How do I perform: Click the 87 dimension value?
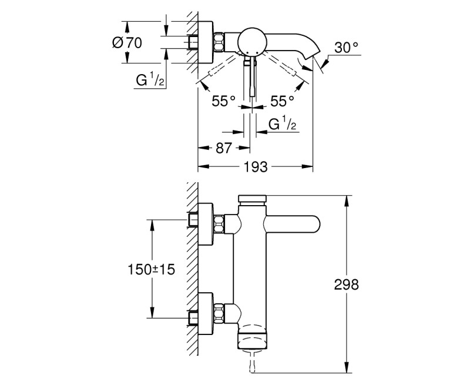[x=224, y=148]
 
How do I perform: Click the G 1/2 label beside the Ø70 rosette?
[x=150, y=79]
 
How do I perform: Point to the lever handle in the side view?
[x=293, y=225]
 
